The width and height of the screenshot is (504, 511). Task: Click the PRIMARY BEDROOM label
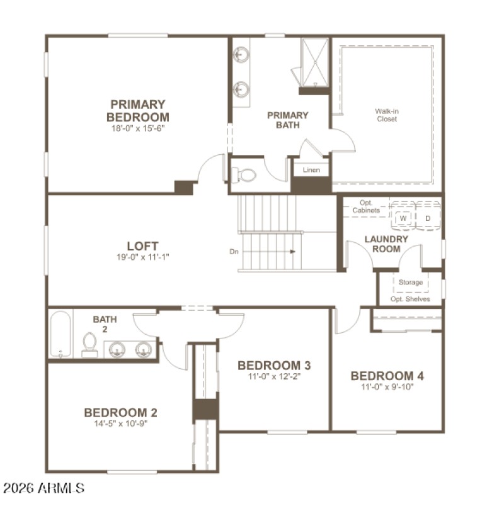138,111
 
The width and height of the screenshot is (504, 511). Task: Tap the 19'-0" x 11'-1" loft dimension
142,257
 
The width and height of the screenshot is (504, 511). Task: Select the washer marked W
404,218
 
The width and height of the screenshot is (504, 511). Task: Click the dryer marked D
428,218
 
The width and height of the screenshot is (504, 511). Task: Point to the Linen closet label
311,170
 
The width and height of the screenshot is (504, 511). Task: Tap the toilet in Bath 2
89,345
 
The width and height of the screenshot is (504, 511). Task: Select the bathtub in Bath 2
61,334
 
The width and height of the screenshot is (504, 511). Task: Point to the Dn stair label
234,252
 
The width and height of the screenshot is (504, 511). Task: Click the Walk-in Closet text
387,115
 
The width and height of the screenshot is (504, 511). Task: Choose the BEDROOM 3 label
274,365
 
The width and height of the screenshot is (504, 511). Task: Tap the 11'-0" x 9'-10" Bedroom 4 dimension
387,387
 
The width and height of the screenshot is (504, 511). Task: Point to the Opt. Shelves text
410,299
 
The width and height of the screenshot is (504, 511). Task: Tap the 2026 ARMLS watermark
43,488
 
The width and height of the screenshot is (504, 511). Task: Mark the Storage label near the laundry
410,283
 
